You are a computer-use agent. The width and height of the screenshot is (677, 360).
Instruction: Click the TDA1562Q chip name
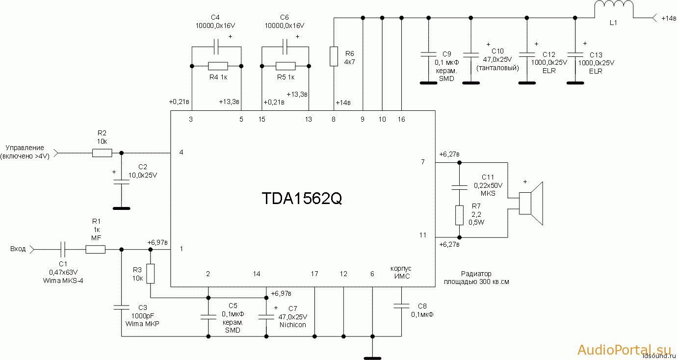click(x=302, y=199)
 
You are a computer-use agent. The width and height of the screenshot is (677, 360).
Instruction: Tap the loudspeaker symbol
click(x=531, y=204)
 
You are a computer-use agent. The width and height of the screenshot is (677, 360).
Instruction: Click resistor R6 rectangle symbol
click(x=334, y=56)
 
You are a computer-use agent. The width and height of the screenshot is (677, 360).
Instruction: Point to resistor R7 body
click(x=459, y=215)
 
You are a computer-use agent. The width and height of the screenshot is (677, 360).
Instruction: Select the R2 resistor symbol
click(x=102, y=153)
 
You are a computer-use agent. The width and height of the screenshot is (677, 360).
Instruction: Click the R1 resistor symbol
click(x=96, y=249)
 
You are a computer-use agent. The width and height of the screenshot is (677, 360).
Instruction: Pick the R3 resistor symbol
click(x=151, y=274)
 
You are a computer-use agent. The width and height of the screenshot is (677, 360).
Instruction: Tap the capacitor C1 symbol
click(x=63, y=249)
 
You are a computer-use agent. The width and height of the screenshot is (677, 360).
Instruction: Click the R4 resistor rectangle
click(x=218, y=66)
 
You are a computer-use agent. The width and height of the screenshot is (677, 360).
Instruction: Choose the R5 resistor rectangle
click(x=286, y=66)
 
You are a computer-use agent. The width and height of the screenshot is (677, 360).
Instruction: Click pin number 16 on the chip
click(x=401, y=119)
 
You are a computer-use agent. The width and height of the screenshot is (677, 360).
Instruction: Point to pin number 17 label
click(x=314, y=274)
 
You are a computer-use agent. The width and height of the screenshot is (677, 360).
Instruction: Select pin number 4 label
click(x=182, y=153)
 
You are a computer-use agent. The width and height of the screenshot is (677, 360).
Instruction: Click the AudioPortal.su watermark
click(x=624, y=350)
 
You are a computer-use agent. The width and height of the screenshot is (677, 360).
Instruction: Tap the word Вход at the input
click(x=18, y=249)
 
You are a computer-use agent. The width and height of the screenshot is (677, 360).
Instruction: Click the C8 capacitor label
click(x=422, y=306)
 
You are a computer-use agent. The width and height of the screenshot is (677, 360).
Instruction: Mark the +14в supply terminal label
click(x=668, y=19)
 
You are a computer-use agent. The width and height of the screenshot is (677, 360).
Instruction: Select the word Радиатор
click(x=476, y=274)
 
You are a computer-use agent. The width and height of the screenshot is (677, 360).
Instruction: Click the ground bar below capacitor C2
click(x=122, y=208)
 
